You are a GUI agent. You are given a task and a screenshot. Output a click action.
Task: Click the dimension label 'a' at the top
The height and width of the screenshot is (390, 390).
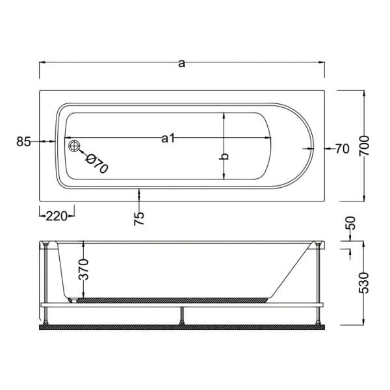click(182, 63)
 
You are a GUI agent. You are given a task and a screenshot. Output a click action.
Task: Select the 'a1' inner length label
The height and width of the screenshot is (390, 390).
click(168, 138)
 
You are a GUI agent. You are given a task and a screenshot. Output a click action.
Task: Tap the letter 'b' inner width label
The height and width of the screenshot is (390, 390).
click(224, 157)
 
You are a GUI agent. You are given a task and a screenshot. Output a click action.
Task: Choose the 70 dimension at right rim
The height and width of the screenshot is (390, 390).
click(342, 149)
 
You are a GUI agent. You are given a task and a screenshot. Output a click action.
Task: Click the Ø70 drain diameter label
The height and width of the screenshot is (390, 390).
click(96, 164)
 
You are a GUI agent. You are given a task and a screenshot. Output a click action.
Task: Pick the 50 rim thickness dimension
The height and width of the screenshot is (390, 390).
click(352, 226)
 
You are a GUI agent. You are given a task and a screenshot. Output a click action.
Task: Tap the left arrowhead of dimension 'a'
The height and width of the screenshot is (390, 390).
click(43, 63)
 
